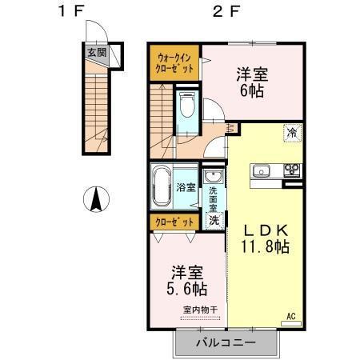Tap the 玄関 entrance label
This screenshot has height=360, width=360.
click(95, 54)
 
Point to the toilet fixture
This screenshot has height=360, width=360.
click(187, 106)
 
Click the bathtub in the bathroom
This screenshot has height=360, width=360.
click(161, 186)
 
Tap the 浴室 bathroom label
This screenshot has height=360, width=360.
click(186, 189)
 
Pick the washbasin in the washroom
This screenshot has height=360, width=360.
click(214, 177)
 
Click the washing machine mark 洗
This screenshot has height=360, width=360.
click(214, 219)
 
